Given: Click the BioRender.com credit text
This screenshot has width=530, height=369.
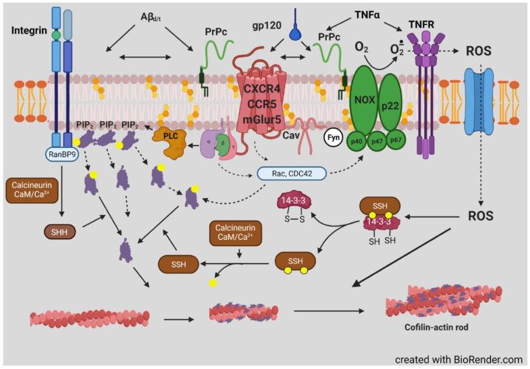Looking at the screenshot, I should point(458,359).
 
